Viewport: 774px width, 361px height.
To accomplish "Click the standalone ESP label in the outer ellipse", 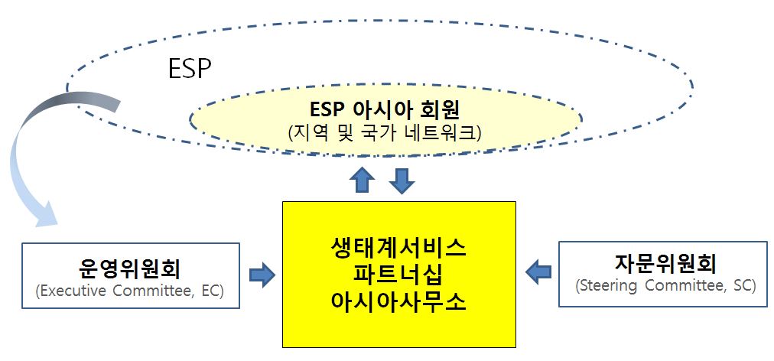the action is pos(190,69).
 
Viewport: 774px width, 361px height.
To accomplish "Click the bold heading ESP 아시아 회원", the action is pos(385,110).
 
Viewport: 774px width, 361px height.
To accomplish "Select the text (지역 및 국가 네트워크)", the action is pos(385,133).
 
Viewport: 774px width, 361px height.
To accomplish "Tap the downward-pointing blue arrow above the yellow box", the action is pos(402,181).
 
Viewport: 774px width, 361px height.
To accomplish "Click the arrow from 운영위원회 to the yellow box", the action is pos(262,275).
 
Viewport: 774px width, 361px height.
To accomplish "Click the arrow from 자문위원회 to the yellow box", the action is pos(538,272).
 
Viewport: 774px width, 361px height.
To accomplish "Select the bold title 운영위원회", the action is pos(129,270).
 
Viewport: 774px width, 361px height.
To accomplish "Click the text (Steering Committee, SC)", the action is pos(665,286).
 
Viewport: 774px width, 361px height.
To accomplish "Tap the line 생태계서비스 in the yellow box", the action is pos(398,248).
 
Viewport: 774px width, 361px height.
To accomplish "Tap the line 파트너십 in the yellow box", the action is pos(398,275).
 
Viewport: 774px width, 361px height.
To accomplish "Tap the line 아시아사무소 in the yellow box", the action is pos(398,302).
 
